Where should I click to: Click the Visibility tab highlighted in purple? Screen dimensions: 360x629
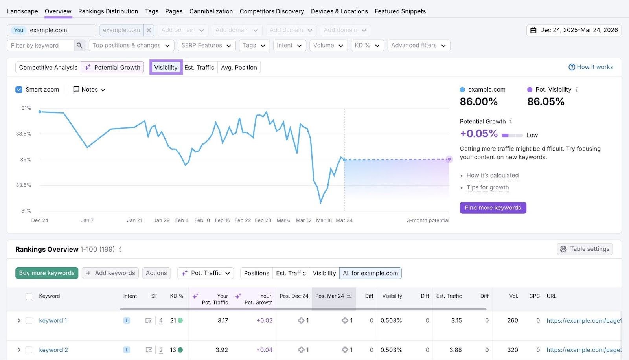click(x=166, y=67)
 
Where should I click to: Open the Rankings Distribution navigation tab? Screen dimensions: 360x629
click(x=108, y=11)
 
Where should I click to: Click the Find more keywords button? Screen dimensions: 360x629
click(x=493, y=208)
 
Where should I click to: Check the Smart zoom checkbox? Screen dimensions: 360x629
click(x=19, y=90)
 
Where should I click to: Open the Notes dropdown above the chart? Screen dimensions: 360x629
click(x=89, y=90)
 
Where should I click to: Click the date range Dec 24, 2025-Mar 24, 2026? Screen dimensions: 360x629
click(x=574, y=30)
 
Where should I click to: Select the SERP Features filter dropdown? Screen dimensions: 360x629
click(x=206, y=45)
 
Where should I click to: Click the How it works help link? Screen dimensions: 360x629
click(x=590, y=67)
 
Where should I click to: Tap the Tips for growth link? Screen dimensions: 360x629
click(x=487, y=187)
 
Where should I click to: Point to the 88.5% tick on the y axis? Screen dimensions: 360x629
click(x=24, y=134)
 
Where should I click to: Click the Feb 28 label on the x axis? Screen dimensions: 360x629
click(x=263, y=220)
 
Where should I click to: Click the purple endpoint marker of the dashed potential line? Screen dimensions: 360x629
click(x=449, y=159)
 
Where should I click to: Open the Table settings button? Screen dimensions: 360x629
click(x=585, y=249)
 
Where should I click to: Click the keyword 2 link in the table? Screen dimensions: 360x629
click(x=53, y=350)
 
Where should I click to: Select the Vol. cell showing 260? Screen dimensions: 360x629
click(x=512, y=320)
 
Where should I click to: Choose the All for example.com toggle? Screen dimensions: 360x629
click(x=370, y=273)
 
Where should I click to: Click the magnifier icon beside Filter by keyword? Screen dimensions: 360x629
click(x=79, y=45)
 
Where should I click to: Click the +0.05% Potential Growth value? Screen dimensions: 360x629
click(x=479, y=134)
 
